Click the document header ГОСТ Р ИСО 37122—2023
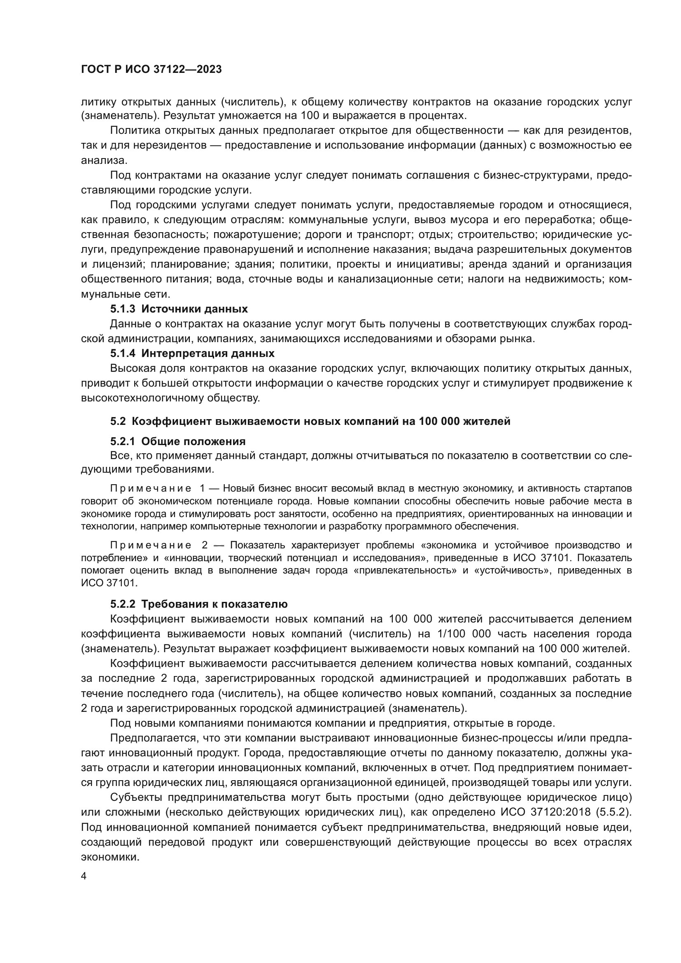pos(152,69)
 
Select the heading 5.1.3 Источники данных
pos(179,309)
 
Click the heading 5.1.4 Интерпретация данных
pos(192,353)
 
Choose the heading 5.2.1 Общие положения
pos(178,441)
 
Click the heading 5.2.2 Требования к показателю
pos(199,604)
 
